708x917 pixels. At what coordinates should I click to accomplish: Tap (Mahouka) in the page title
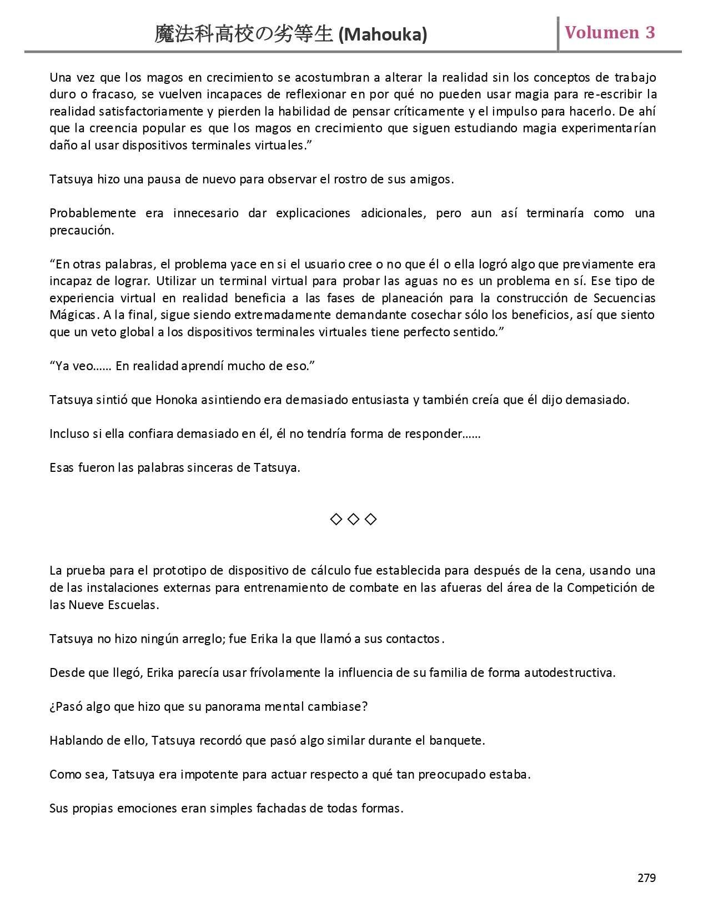[383, 35]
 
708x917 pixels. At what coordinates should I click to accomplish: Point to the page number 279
[646, 878]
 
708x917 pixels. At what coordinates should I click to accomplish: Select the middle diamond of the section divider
[353, 520]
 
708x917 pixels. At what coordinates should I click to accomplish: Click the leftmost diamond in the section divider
[336, 520]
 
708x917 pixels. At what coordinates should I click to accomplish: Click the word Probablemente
[93, 213]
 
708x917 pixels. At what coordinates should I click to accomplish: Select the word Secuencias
[624, 298]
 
